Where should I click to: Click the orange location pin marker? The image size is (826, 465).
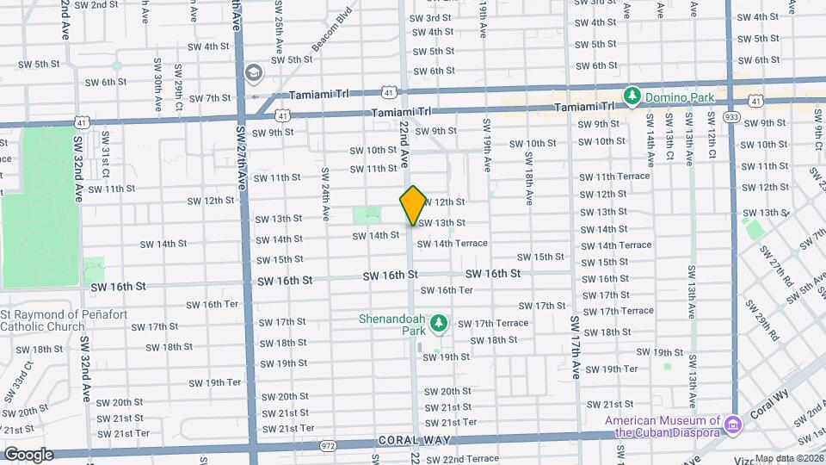(x=413, y=205)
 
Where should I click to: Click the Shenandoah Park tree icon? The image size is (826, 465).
(x=440, y=322)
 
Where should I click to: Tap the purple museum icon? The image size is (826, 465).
(x=732, y=424)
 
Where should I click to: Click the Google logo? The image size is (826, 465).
(x=28, y=454)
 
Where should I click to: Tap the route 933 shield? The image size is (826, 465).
(x=731, y=116)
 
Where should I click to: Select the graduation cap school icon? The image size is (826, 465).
(x=253, y=72)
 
